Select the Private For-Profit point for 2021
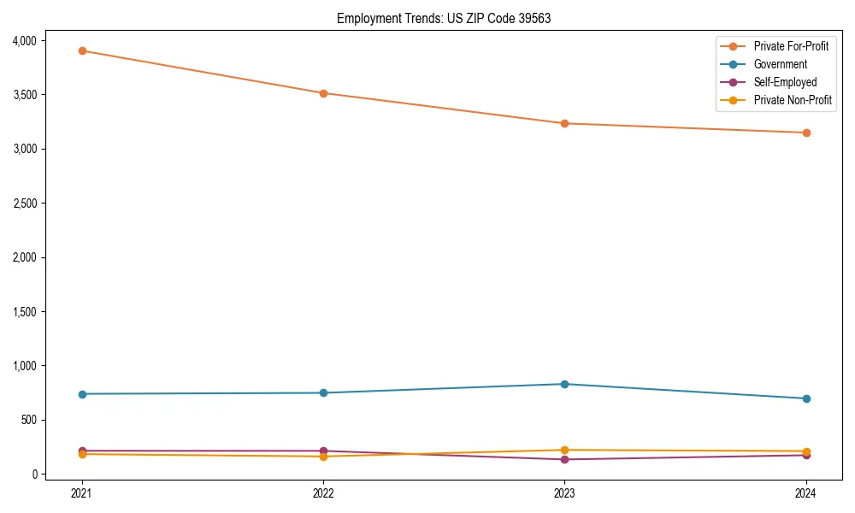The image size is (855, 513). (82, 50)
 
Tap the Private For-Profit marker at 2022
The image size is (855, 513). (323, 93)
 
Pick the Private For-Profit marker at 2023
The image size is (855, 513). (564, 123)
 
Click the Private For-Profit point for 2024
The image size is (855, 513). (806, 133)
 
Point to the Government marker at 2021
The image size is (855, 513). (82, 394)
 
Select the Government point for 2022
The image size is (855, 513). (323, 392)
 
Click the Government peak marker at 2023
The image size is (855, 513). (564, 384)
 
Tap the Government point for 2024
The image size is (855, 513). (806, 398)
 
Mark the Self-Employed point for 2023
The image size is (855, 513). (564, 459)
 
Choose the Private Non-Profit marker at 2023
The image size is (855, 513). (564, 450)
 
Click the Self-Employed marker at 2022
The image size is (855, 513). (323, 451)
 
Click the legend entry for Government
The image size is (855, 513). (780, 64)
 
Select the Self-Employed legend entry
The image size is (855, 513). (785, 82)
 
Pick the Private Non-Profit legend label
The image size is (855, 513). (793, 100)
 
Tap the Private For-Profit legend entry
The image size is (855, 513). (791, 46)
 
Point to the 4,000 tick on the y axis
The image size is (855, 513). (25, 40)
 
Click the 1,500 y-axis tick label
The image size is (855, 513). (25, 311)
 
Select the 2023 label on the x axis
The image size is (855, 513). (564, 492)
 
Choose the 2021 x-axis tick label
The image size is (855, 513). (82, 492)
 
